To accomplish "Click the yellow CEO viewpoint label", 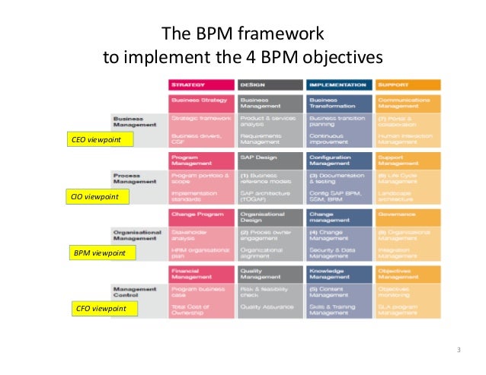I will tap(95, 140).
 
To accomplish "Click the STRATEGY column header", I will tap(201, 84).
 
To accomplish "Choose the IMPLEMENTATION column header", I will tap(339, 84).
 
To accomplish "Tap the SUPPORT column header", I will tap(408, 84).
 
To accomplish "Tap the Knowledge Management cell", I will tap(339, 273).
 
